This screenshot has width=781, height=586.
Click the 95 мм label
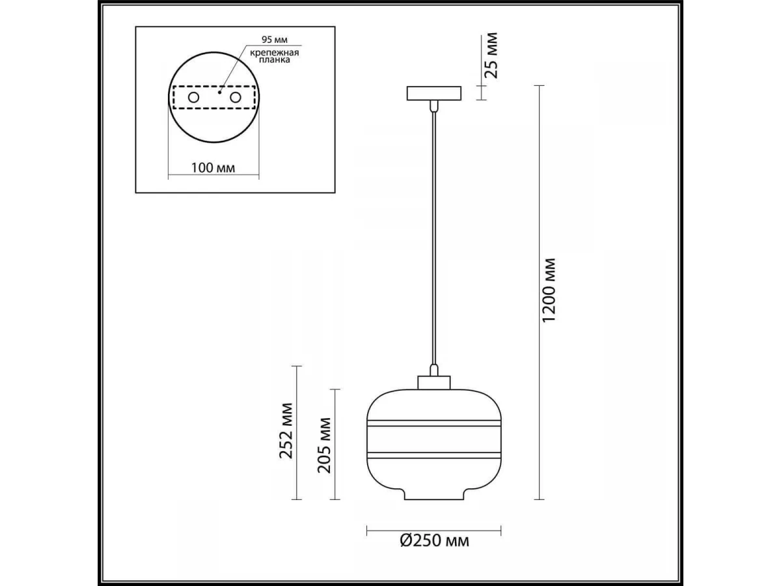[275, 40]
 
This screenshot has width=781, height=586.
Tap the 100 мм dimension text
[213, 168]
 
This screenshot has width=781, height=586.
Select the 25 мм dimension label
[492, 55]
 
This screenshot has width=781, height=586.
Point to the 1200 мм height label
[549, 290]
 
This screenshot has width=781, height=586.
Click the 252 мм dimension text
[286, 431]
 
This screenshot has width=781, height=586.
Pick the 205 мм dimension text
[324, 445]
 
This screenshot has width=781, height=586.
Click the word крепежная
[275, 53]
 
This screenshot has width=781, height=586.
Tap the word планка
[275, 60]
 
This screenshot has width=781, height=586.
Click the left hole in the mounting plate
[193, 98]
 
